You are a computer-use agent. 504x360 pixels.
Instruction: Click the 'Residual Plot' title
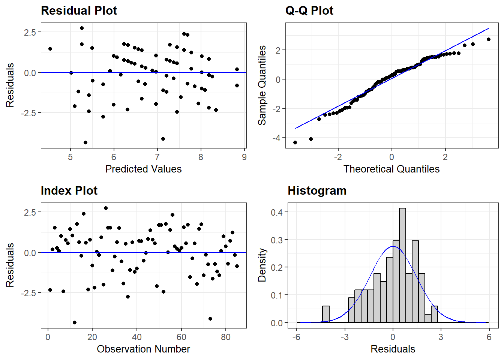pyautogui.click(x=79, y=10)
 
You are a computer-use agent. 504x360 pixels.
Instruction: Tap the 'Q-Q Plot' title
pyautogui.click(x=309, y=10)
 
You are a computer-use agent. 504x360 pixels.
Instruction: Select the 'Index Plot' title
pyautogui.click(x=69, y=190)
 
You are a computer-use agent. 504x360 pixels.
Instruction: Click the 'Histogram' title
pyautogui.click(x=317, y=190)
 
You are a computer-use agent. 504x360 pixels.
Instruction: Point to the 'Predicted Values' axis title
pyautogui.click(x=143, y=169)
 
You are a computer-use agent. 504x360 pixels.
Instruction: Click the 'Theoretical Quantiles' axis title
pyautogui.click(x=391, y=169)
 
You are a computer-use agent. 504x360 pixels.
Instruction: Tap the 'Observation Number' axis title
pyautogui.click(x=143, y=349)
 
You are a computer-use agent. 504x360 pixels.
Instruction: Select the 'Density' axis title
pyautogui.click(x=262, y=265)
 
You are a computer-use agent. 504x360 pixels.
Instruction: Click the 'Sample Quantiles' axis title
pyautogui.click(x=262, y=85)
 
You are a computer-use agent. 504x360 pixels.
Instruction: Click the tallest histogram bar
pyautogui.click(x=402, y=265)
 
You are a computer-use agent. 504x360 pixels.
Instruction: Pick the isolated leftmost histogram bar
pyautogui.click(x=326, y=314)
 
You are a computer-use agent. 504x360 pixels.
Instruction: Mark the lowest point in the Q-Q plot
pyautogui.click(x=295, y=142)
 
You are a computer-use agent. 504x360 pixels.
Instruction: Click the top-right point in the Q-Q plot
pyautogui.click(x=489, y=39)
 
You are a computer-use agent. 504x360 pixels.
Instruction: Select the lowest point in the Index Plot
pyautogui.click(x=75, y=322)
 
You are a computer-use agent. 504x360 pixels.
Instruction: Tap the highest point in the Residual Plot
pyautogui.click(x=82, y=28)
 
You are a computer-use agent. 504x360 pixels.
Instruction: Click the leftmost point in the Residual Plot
pyautogui.click(x=50, y=49)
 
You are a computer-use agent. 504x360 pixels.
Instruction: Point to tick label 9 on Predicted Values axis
pyautogui.click(x=244, y=157)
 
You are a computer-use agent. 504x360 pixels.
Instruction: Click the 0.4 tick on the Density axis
pyautogui.click(x=277, y=212)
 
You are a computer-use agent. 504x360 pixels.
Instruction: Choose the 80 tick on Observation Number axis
pyautogui.click(x=226, y=337)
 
